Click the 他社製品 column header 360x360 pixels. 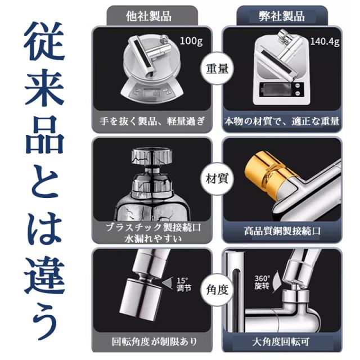point(148,16)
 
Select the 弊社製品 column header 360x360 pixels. point(282,16)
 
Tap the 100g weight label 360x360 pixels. point(191,41)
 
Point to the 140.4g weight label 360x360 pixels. point(325,42)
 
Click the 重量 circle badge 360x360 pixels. point(217,69)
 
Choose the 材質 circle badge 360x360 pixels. point(217,179)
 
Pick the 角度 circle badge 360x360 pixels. point(217,290)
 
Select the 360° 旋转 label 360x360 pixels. point(262,282)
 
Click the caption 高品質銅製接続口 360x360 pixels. point(282,231)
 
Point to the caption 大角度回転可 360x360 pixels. point(281,342)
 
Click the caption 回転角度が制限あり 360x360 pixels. point(154,341)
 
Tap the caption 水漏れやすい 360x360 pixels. point(152,238)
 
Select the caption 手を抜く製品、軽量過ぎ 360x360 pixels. point(152,121)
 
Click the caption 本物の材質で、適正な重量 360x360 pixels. point(282,121)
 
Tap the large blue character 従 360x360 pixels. point(44,41)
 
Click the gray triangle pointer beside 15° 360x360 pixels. point(168,282)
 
